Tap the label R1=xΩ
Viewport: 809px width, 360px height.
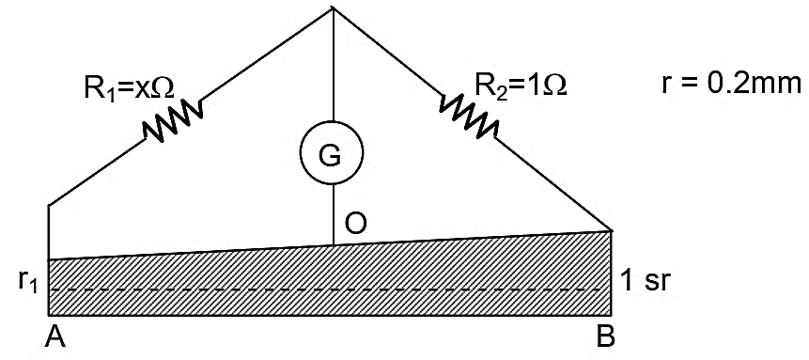tap(129, 89)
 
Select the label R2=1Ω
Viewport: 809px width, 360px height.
tap(521, 86)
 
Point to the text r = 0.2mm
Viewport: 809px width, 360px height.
tap(732, 85)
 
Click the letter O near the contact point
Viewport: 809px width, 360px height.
tap(356, 224)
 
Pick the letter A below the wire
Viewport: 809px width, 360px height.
tap(55, 338)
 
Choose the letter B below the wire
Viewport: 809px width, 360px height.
tap(605, 338)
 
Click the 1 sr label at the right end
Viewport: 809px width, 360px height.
tap(646, 282)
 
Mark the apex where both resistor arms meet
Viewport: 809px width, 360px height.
tap(333, 7)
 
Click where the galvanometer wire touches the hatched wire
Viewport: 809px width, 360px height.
tap(334, 244)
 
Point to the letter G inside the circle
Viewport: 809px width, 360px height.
tap(330, 157)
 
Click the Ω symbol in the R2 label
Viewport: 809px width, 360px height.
tap(556, 85)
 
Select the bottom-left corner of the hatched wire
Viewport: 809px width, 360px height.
tap(49, 315)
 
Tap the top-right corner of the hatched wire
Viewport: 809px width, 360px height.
tap(612, 230)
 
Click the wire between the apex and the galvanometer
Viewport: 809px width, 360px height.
tap(333, 64)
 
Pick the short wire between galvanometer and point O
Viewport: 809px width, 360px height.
tap(334, 214)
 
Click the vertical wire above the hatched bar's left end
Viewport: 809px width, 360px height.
tap(49, 232)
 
